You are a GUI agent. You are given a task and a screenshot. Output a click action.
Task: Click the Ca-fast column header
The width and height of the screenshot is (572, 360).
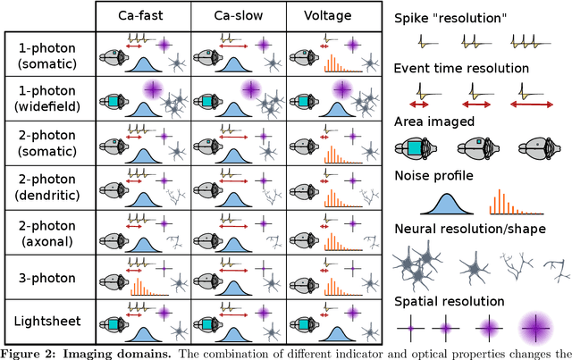pos(143,16)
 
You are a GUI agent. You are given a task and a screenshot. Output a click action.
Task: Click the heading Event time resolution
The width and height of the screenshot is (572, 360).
pos(459,69)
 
